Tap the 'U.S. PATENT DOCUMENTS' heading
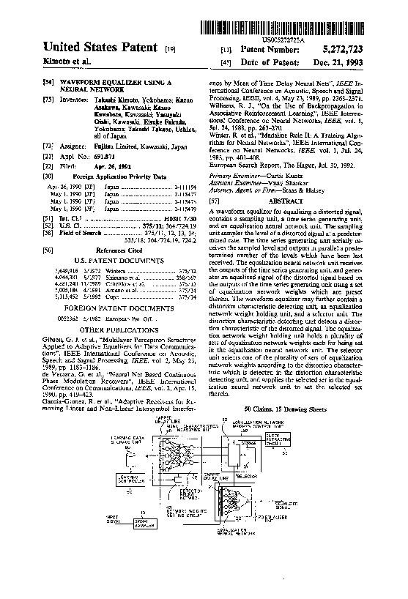pyautogui.click(x=122, y=261)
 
